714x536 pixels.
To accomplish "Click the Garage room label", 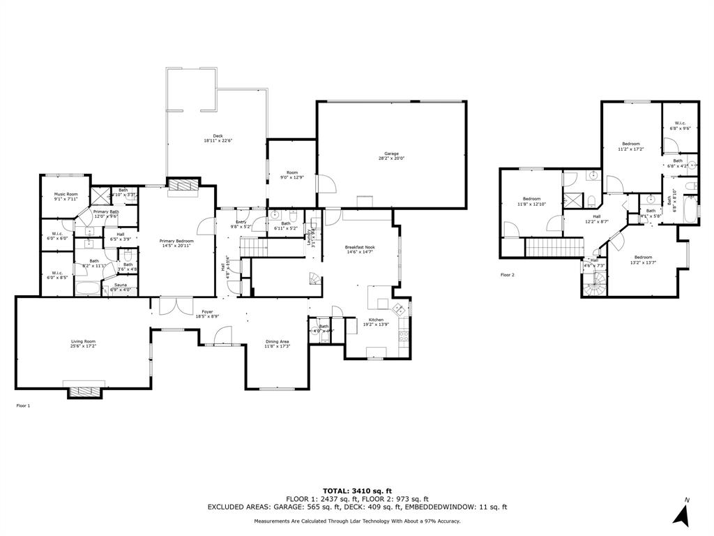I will pos(390,156).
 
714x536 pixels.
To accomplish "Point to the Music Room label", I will pos(67,196).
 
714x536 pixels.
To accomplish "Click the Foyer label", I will pos(208,314).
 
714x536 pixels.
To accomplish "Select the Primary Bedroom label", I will pos(176,243).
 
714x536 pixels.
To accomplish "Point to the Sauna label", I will pos(121,287).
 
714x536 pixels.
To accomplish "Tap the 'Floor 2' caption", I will pos(507,275).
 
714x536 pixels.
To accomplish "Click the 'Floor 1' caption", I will pos(23,405).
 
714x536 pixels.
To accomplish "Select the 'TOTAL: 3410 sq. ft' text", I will pos(357,491).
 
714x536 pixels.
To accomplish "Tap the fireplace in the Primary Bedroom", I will pos(184,184).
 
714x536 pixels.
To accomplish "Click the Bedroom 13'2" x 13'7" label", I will pos(643,260).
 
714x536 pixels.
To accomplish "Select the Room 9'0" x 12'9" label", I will pos(292,174).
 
